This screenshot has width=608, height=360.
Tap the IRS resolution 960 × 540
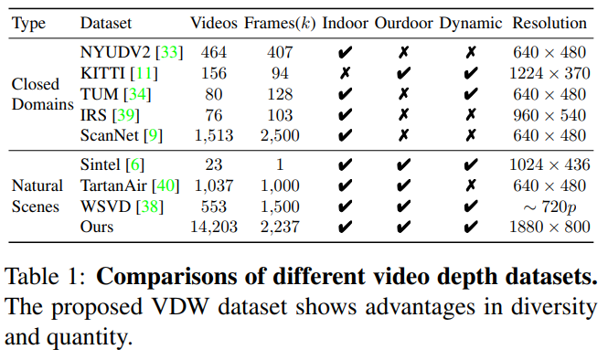coord(549,115)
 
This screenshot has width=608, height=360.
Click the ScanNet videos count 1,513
coord(214,135)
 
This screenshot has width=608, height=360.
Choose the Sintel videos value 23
coord(214,165)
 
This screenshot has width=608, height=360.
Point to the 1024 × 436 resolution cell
coord(549,165)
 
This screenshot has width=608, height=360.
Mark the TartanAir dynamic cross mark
coord(470,185)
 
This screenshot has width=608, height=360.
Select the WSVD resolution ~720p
coord(549,206)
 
